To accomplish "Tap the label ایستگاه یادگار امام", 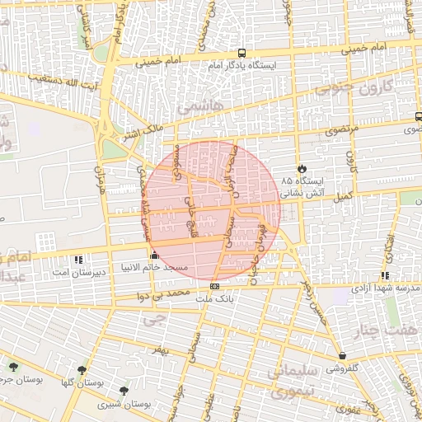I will (x=241, y=64).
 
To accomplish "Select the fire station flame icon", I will (x=302, y=167).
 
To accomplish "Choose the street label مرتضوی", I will (x=342, y=131).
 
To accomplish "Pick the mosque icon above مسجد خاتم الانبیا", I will (x=154, y=256).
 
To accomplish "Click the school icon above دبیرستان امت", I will (x=79, y=259).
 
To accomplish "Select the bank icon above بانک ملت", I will (x=215, y=286).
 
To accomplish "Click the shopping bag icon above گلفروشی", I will (x=342, y=355).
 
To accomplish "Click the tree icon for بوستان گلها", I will (x=81, y=371).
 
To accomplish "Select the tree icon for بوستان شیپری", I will (x=124, y=391).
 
